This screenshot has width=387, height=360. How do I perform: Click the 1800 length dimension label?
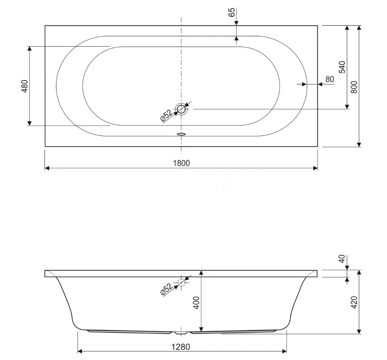[x=182, y=163]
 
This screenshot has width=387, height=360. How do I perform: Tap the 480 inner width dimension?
[x=25, y=86]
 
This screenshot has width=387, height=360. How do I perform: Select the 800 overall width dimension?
[x=354, y=87]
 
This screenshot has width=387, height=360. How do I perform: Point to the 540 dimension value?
[x=342, y=67]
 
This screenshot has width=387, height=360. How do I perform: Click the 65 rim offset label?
[x=232, y=12]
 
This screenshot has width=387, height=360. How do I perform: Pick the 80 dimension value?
[x=330, y=79]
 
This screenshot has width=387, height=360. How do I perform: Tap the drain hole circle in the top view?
[x=181, y=109]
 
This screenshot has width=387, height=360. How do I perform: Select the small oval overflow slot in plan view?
[x=181, y=134]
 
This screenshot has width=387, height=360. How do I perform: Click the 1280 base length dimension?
[x=181, y=347]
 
